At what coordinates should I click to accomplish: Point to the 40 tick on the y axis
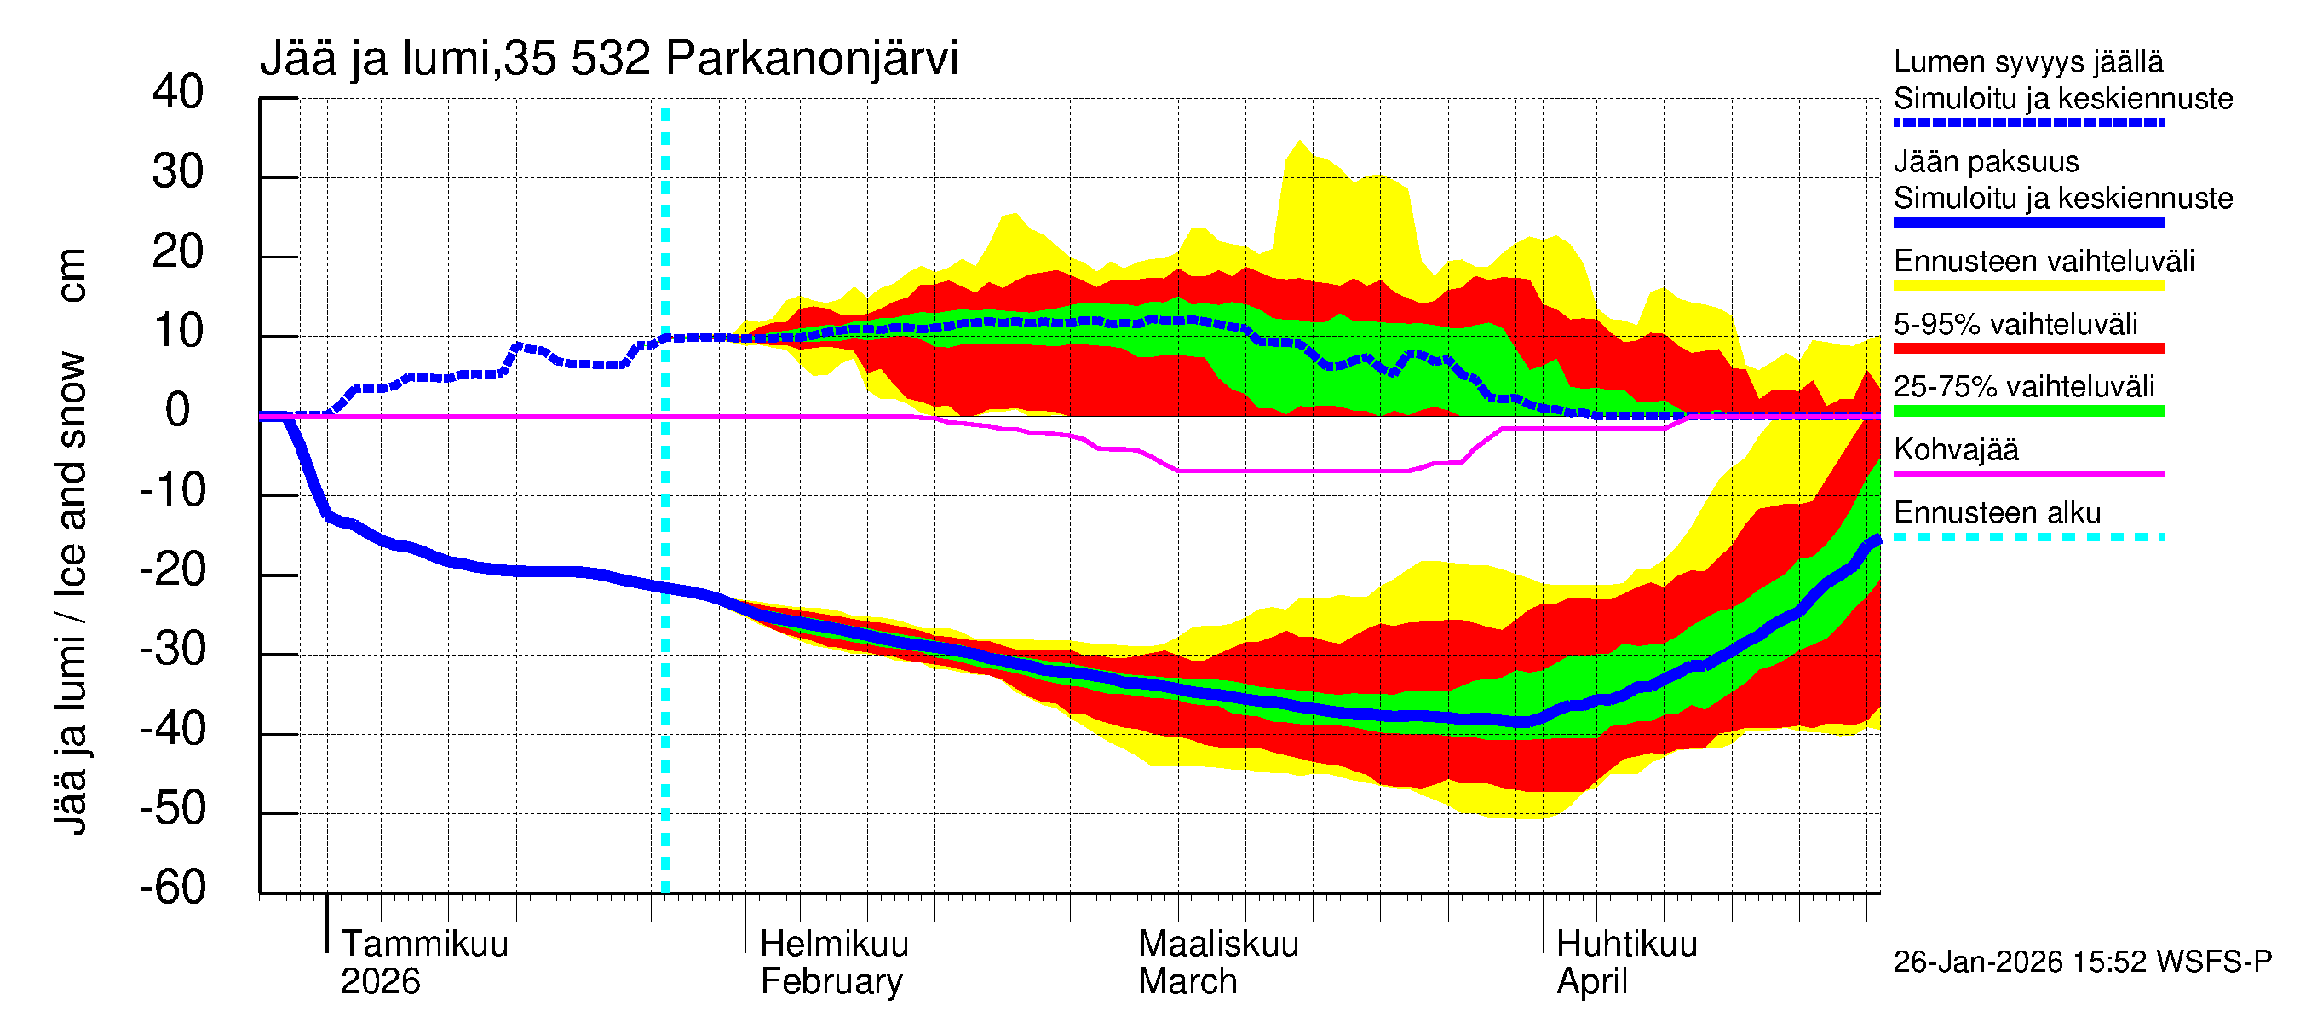[x=178, y=92]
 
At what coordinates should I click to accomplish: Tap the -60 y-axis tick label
[x=172, y=887]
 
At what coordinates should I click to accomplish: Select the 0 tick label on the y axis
[x=178, y=410]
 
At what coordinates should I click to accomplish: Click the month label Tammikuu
[x=424, y=944]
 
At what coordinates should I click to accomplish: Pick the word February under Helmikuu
[x=831, y=981]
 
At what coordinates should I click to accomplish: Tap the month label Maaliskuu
[x=1218, y=944]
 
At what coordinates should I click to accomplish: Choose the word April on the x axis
[x=1592, y=981]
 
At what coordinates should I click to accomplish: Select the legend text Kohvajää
[x=1955, y=449]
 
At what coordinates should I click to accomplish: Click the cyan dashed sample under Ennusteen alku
[x=2027, y=537]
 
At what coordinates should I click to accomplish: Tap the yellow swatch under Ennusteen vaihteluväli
[x=2027, y=286]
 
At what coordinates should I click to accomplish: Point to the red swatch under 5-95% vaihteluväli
[x=2027, y=349]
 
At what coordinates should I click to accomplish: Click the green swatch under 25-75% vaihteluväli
[x=2027, y=411]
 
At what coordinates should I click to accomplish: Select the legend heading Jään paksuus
[x=1986, y=162]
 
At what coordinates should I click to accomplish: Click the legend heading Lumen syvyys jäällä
[x=2027, y=61]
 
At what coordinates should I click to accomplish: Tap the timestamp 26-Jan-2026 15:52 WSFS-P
[x=2082, y=962]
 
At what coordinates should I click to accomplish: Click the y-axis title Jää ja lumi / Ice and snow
[x=70, y=590]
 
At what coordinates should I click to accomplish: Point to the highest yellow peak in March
[x=1299, y=142]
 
